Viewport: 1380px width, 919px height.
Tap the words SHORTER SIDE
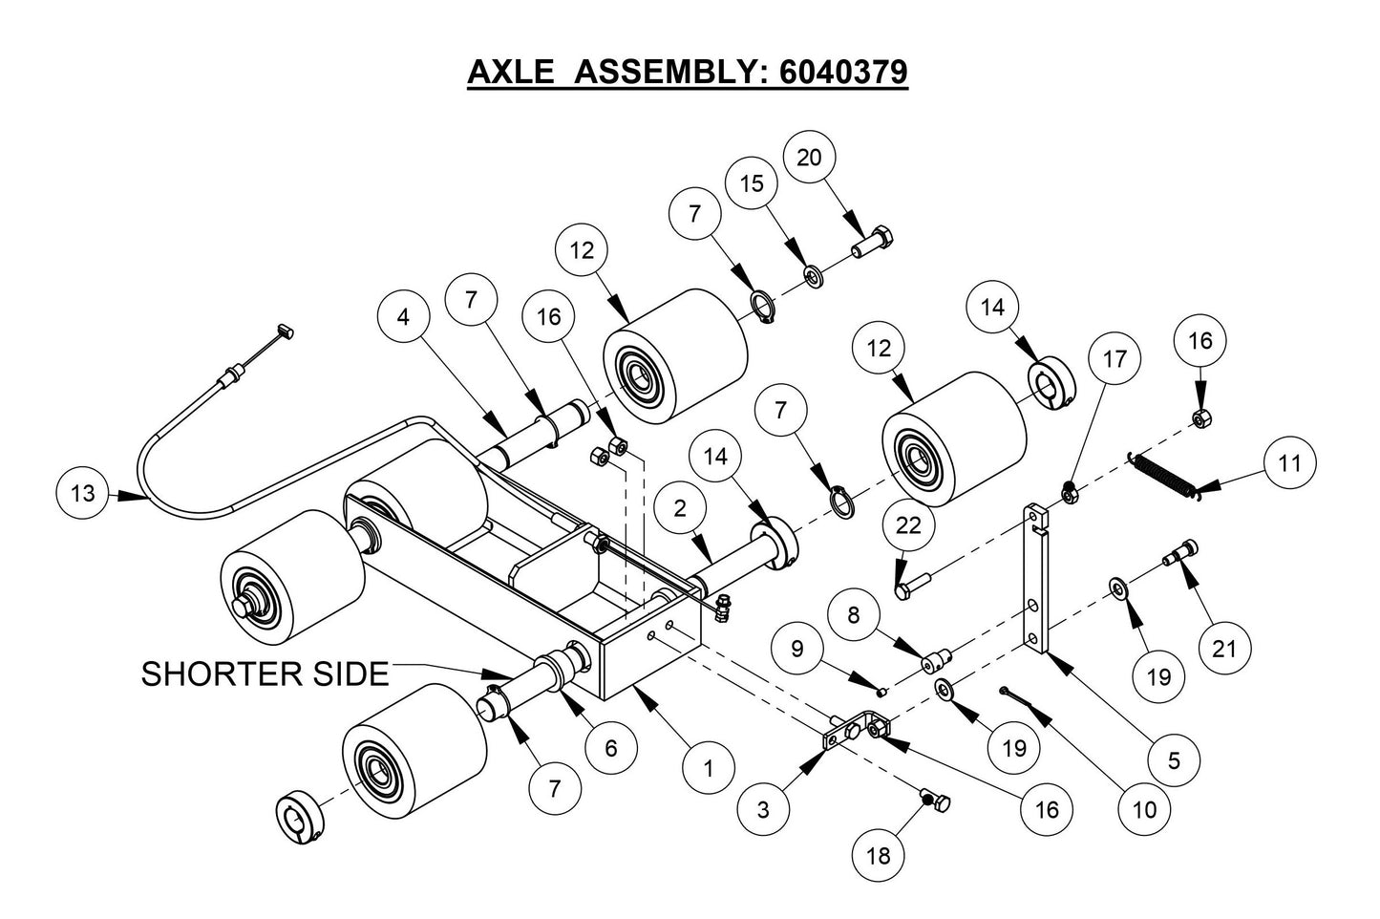tap(265, 674)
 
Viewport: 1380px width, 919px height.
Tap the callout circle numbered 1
tap(708, 767)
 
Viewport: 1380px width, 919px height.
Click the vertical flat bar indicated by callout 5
tap(1039, 583)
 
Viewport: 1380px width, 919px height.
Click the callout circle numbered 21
tap(1223, 650)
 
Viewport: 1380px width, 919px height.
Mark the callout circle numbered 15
tap(753, 183)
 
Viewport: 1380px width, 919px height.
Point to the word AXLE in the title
tap(509, 72)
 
